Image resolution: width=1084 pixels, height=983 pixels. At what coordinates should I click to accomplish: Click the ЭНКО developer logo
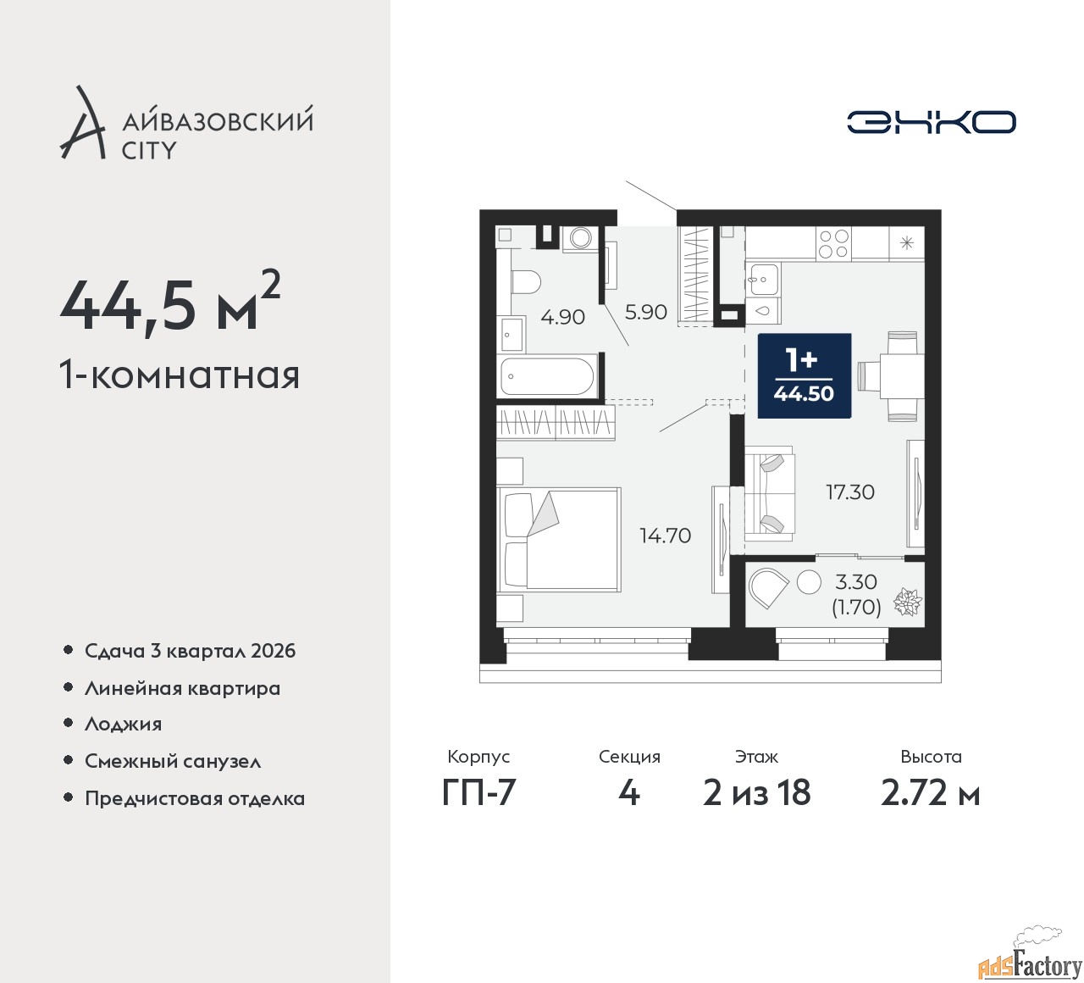coord(931,122)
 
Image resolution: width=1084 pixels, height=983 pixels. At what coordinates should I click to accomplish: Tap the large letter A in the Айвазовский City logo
coord(81,122)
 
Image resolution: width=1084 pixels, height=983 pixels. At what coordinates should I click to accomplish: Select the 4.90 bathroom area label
coord(562,317)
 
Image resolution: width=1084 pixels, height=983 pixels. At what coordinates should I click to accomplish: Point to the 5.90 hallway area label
coord(646,312)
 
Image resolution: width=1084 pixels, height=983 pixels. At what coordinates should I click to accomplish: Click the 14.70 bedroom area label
coord(665,536)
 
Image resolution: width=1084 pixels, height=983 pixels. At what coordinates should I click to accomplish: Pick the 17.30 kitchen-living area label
coord(850,492)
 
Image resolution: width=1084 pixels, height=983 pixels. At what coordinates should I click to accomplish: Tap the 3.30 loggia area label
coord(856,582)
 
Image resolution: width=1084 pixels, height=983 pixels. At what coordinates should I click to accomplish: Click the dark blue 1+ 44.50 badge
coord(804,375)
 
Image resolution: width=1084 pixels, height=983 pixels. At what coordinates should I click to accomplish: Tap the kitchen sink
coord(762,279)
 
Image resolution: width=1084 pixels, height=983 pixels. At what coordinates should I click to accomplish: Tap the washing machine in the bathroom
coord(580,238)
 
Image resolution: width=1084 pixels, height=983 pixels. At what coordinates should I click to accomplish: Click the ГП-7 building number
coord(478,792)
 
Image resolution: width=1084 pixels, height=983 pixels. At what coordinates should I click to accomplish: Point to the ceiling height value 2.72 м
coord(931,792)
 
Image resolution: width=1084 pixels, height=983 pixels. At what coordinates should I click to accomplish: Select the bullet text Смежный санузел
coord(173,761)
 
